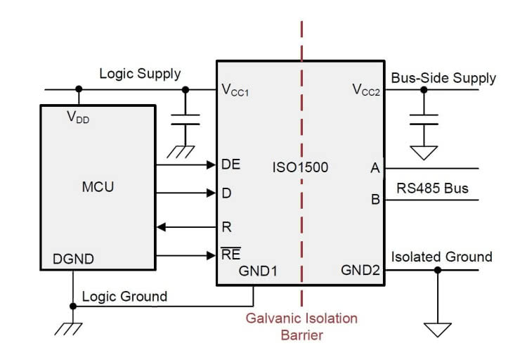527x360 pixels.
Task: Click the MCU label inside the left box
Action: [x=97, y=188]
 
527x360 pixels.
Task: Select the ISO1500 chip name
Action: [x=300, y=168]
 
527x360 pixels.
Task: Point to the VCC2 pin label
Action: [x=365, y=89]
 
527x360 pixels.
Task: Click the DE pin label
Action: [x=230, y=165]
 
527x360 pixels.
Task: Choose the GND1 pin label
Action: [x=259, y=271]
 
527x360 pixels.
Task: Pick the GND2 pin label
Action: [x=360, y=271]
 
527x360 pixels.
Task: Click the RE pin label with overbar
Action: [x=230, y=255]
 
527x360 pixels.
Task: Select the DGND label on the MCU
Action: [x=74, y=259]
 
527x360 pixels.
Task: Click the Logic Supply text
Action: [x=140, y=73]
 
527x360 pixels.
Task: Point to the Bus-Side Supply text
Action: [x=443, y=77]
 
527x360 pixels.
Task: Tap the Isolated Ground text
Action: [x=441, y=257]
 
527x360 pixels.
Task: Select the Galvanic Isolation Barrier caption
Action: [x=301, y=326]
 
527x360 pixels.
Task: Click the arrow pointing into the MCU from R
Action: [x=162, y=227]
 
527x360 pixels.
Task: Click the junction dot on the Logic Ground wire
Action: [x=73, y=306]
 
